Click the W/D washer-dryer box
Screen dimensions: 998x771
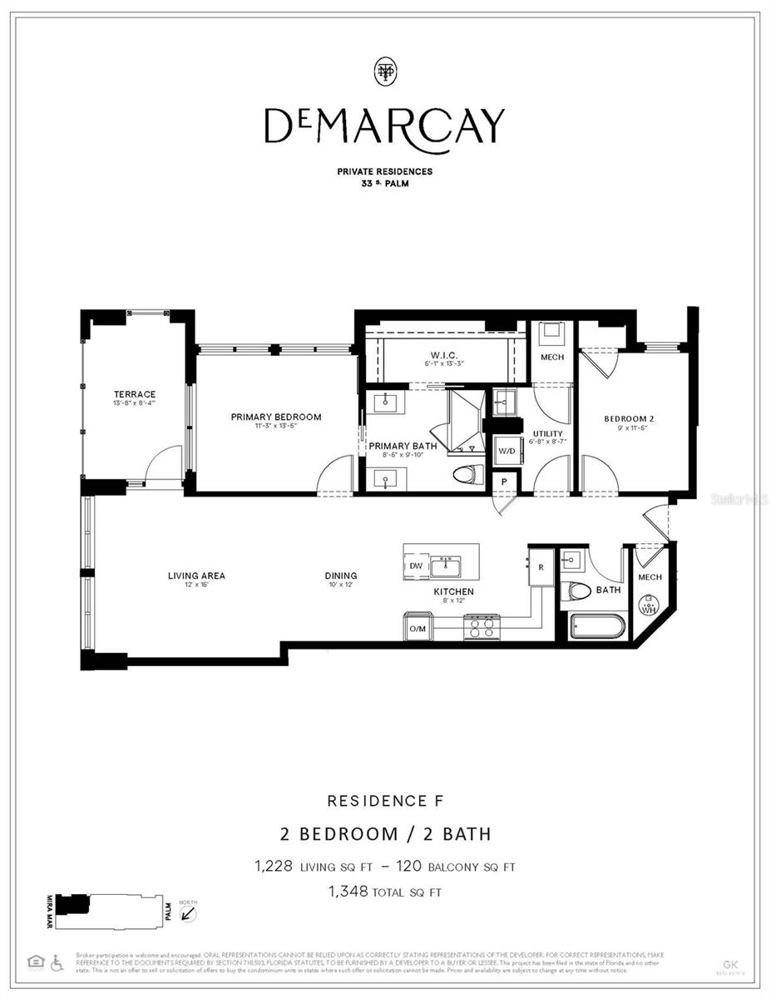(507, 452)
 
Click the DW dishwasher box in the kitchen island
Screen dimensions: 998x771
(417, 566)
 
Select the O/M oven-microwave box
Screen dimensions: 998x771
(417, 628)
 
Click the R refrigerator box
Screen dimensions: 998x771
(541, 567)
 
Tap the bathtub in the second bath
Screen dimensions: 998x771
(598, 625)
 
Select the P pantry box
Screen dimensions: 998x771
(504, 482)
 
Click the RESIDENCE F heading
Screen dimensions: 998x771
(385, 801)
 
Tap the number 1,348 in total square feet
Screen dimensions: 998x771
(346, 892)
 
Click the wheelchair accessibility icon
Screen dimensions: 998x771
(57, 962)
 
